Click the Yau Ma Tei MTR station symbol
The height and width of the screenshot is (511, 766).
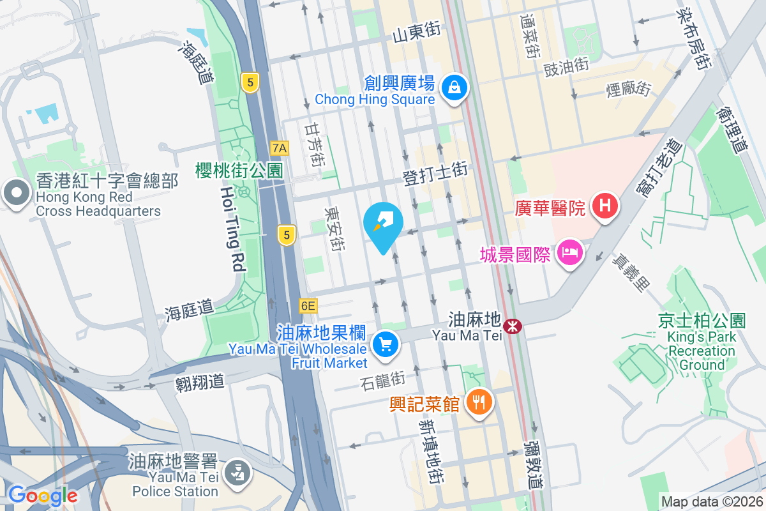coord(512,326)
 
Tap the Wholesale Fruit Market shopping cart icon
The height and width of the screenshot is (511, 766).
coord(385,346)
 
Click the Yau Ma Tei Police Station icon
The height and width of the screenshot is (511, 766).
coord(237,473)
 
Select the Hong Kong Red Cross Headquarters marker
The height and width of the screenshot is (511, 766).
coord(15,193)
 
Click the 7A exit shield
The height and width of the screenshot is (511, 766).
coord(280,148)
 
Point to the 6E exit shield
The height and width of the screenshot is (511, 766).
coord(308,306)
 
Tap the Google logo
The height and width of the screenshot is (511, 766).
coord(43,495)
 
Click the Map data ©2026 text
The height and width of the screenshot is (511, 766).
coord(712,502)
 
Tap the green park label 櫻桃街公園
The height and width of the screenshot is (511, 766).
coord(239,171)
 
